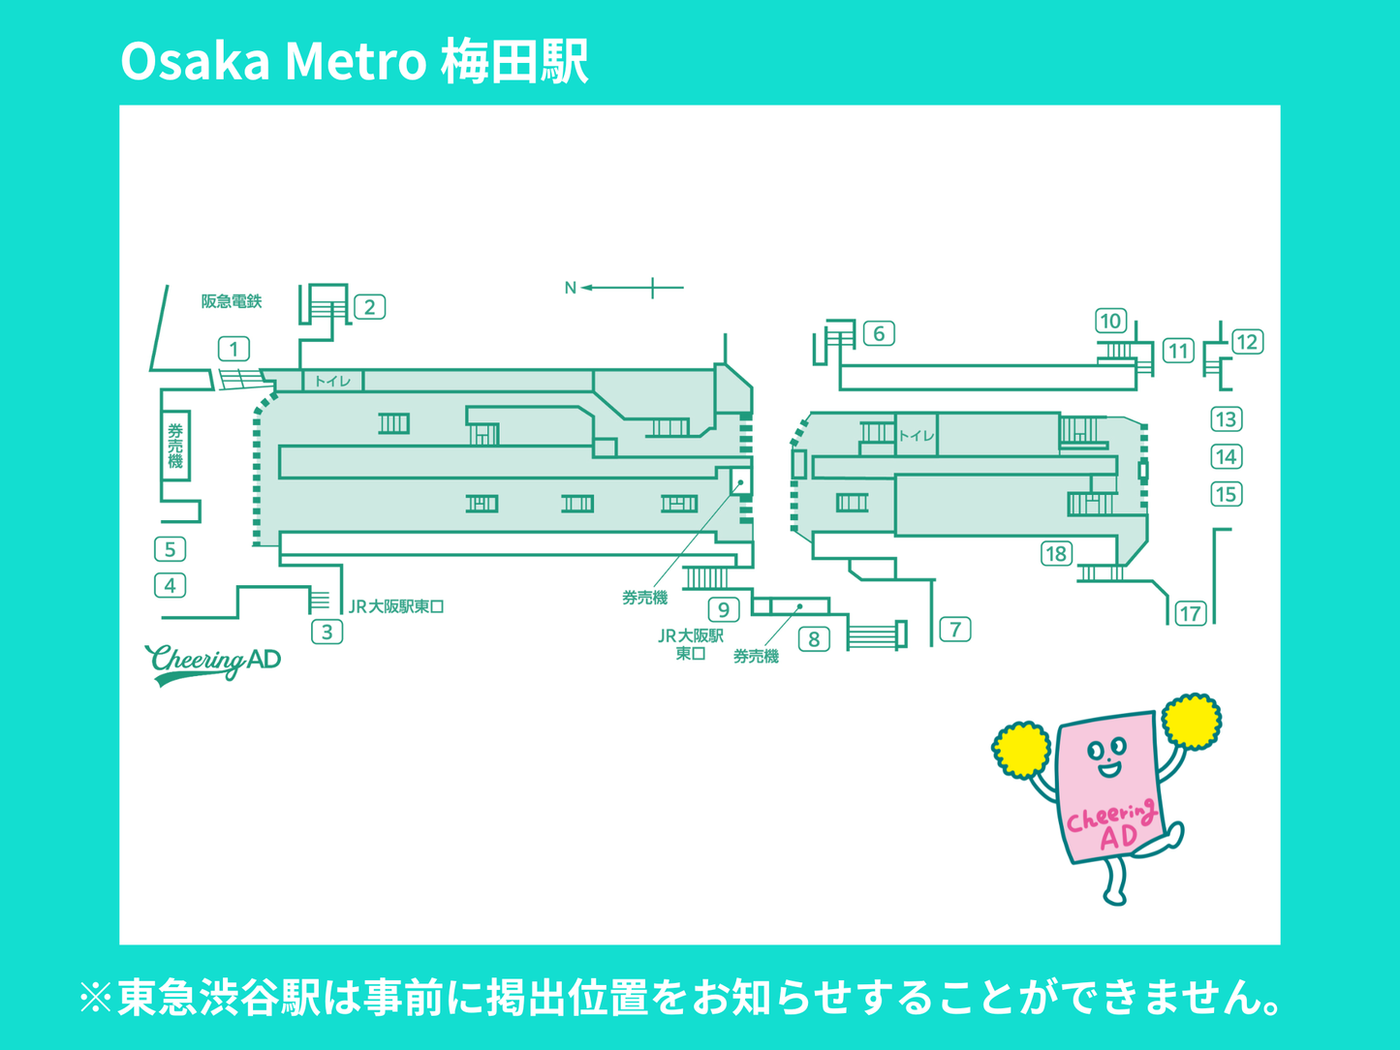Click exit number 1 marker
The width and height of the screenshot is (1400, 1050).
[233, 349]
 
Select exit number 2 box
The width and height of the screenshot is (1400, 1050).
[369, 308]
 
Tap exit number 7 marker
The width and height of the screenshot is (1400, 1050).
[955, 630]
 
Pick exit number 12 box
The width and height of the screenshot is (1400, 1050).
[1246, 342]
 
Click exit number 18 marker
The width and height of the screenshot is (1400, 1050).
[1056, 554]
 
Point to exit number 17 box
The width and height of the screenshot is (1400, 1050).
[1190, 613]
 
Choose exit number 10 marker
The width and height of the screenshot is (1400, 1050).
[1110, 321]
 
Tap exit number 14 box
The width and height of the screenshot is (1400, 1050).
[1226, 457]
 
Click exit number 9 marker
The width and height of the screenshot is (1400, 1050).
[724, 610]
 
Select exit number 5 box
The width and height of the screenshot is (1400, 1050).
[171, 550]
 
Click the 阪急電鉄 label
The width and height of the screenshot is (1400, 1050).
[232, 301]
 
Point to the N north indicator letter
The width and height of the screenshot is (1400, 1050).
[570, 288]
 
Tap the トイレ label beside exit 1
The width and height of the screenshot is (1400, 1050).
[332, 381]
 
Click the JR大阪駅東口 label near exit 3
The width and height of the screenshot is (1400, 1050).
[396, 607]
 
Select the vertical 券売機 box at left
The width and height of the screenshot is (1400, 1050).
[175, 446]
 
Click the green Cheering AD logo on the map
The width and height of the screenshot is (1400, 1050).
[213, 663]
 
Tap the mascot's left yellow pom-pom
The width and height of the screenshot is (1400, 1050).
[1020, 750]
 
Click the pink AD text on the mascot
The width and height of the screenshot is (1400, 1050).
[1119, 837]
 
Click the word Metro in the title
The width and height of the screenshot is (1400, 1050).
[356, 61]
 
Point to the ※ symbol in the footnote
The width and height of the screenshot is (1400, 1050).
[96, 998]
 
